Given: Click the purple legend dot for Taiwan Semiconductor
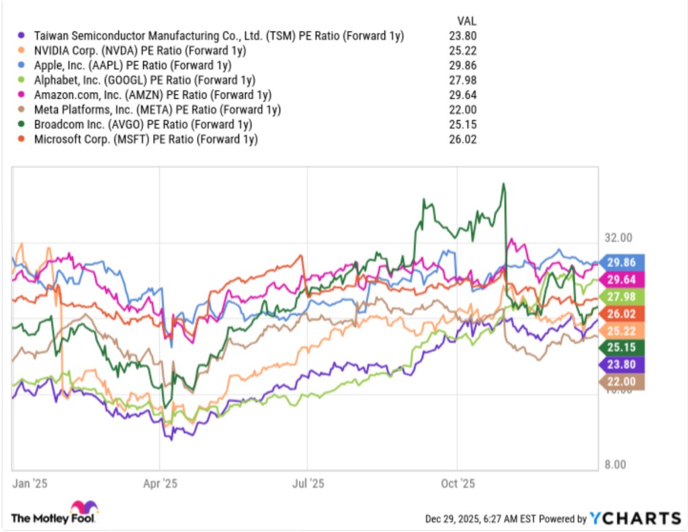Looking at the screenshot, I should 22,36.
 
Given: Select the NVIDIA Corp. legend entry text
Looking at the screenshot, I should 138,50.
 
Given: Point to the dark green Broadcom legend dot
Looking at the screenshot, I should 22,124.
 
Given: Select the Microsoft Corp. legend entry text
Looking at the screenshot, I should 144,139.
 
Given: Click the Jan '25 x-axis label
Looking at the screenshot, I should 28,483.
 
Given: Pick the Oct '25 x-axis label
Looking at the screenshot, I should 458,483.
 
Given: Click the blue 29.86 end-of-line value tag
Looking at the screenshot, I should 621,263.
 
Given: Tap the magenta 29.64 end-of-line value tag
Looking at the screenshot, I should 621,279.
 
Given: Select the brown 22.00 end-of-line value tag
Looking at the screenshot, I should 621,382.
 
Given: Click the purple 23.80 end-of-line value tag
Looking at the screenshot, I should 621,365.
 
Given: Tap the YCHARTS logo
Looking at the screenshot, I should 635,518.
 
